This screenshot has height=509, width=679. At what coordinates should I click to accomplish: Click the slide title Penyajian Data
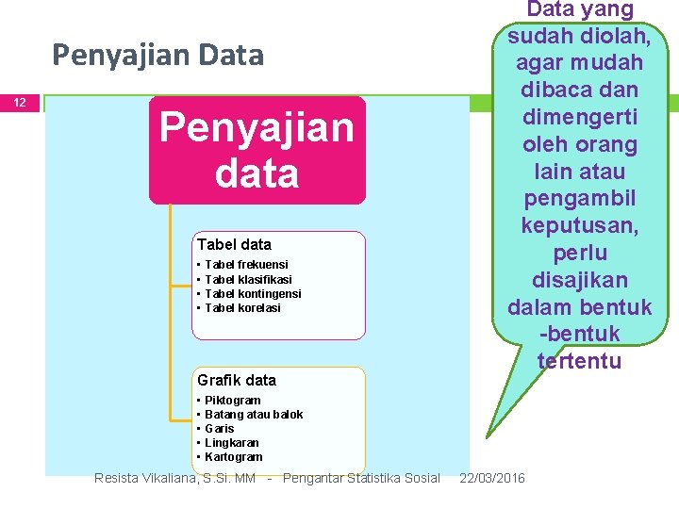(157, 56)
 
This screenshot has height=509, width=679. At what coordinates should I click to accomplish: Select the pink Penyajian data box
(257, 150)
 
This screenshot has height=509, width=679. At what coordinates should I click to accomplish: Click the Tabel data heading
(234, 245)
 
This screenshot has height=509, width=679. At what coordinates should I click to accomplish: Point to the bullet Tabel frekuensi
(246, 265)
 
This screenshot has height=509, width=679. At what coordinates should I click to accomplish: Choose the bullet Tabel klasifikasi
(248, 279)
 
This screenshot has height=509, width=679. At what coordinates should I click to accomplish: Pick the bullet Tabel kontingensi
(253, 293)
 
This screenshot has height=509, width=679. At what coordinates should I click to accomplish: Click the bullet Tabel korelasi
(242, 307)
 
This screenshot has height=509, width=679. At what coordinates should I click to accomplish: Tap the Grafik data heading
(237, 380)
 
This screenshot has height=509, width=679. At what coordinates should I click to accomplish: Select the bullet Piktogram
(232, 401)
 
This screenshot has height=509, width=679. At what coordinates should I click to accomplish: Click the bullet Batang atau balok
(254, 415)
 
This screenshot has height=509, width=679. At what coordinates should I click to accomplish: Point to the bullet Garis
(220, 429)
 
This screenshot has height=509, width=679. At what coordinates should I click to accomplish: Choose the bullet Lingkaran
(231, 443)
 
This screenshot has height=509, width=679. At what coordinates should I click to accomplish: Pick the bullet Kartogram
(233, 457)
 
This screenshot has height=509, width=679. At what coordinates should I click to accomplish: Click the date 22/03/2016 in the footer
(492, 479)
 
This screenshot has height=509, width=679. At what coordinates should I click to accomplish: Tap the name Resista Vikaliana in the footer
(146, 479)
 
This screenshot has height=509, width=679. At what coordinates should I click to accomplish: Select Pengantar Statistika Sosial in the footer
(361, 479)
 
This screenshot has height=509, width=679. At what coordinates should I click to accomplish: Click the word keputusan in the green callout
(579, 226)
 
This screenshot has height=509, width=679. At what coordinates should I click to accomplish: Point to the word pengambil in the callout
(580, 200)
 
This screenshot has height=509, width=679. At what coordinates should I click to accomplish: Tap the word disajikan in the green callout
(580, 280)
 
